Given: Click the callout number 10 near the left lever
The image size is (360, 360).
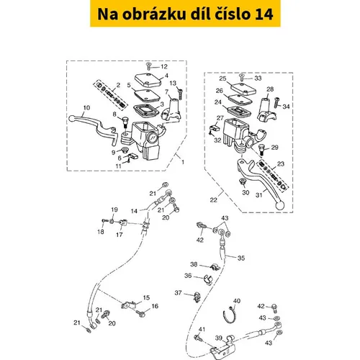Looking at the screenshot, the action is click(x=86, y=108).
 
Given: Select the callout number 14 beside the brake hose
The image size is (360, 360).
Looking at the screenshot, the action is click(x=134, y=211).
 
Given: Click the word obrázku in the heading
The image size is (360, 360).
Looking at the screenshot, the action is click(x=154, y=14).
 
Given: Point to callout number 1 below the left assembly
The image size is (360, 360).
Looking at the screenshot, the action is click(x=183, y=162).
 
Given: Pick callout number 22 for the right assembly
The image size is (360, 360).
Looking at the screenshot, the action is click(x=213, y=200).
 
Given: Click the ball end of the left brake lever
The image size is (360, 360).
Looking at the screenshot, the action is click(x=71, y=118).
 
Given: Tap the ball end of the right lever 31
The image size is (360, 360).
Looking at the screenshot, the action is click(x=279, y=206).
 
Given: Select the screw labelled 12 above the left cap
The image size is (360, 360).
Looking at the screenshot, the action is click(x=148, y=66).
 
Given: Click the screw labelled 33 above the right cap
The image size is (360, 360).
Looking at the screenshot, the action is click(x=242, y=78).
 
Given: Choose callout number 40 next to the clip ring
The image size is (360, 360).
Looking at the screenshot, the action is click(x=237, y=301).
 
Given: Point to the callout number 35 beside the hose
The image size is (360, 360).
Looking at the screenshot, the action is click(x=241, y=258).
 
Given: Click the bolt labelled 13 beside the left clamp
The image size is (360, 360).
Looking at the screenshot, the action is click(x=180, y=93).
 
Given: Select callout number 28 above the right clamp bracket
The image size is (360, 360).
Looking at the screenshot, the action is click(x=270, y=89).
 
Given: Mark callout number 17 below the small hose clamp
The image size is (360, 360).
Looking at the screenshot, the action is click(x=120, y=235).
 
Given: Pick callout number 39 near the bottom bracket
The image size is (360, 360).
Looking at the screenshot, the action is click(x=219, y=338).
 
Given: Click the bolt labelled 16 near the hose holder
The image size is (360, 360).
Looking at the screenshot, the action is click(x=140, y=313).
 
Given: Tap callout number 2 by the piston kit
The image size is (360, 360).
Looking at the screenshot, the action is click(x=118, y=85).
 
